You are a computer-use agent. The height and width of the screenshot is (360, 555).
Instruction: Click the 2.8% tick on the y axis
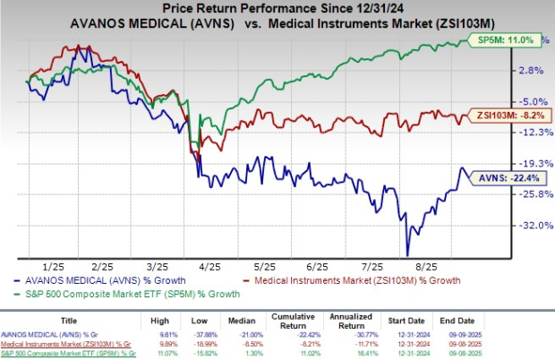532,70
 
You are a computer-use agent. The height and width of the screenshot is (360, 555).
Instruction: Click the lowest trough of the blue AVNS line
407,254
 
